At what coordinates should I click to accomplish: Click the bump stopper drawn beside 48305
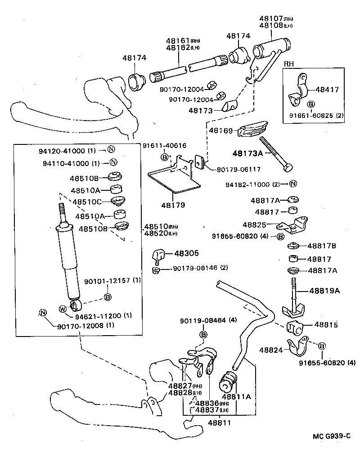[159, 255]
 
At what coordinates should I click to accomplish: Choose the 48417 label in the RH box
[327, 90]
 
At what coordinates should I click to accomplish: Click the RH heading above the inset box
[288, 64]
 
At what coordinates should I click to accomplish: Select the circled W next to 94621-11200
[63, 309]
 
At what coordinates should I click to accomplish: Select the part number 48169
[221, 130]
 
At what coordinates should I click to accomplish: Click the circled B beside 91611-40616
[165, 157]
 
